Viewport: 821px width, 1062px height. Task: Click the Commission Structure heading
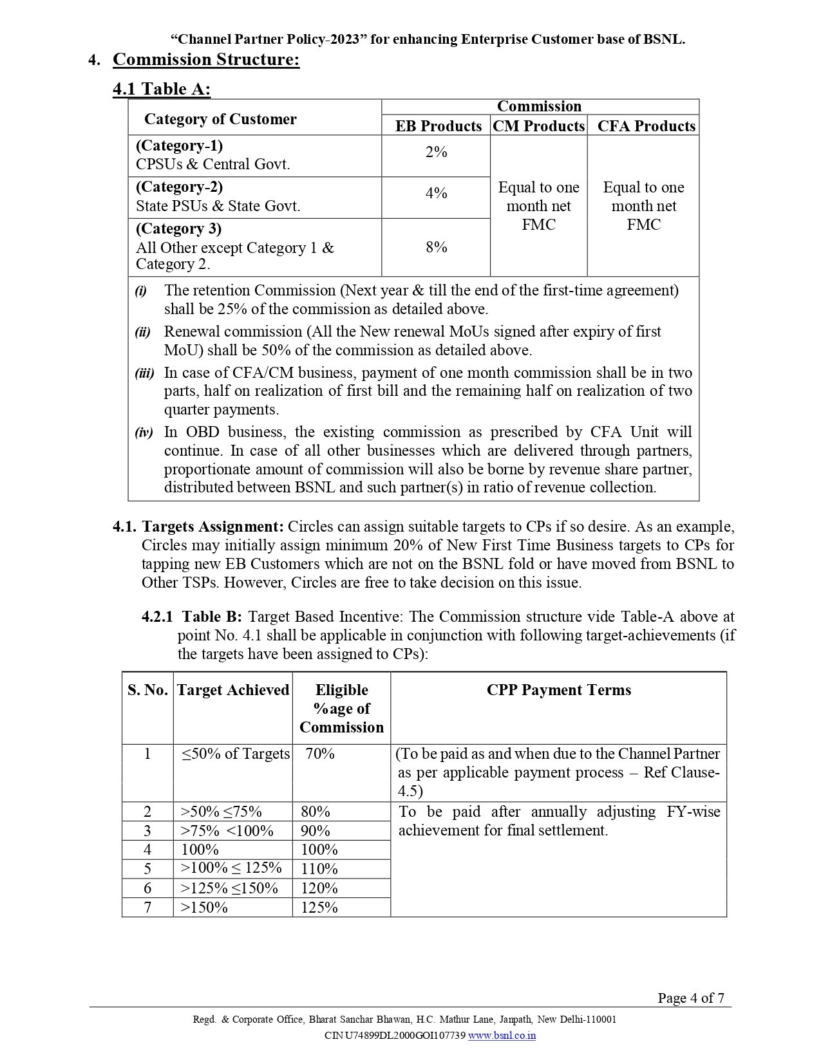[206, 60]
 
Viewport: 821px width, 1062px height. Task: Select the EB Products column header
[438, 126]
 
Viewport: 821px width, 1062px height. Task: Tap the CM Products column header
[539, 126]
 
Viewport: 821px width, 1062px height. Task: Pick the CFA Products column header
[646, 126]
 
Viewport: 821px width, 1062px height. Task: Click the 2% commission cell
[436, 152]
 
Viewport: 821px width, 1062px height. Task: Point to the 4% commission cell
[436, 193]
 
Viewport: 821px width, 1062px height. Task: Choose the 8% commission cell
[436, 247]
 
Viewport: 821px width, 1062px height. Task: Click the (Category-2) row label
[179, 187]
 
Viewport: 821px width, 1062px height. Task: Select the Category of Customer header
[220, 119]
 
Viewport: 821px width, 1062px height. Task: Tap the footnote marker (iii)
[144, 373]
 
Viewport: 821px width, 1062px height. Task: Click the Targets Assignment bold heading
[212, 526]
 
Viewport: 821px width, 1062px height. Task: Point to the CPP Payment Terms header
[558, 690]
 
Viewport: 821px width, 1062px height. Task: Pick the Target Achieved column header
[233, 690]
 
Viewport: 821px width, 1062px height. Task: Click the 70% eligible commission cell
[320, 754]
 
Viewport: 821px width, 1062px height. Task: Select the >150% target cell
[204, 908]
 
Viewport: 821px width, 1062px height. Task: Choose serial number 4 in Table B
[147, 850]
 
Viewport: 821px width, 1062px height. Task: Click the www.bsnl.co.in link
[502, 1036]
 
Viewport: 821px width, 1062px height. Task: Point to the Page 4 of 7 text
[690, 998]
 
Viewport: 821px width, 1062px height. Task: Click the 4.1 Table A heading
[162, 89]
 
